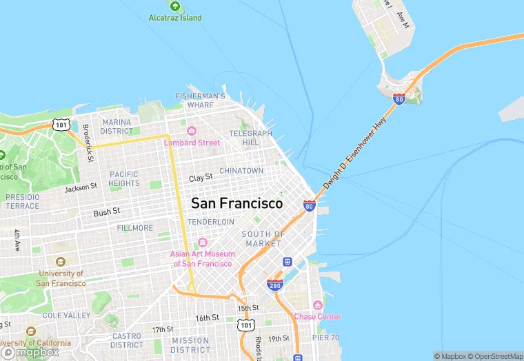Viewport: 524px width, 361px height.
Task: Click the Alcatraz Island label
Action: [175, 18]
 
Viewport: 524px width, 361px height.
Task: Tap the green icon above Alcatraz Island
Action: [175, 6]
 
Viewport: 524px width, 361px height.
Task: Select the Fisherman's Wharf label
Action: [200, 101]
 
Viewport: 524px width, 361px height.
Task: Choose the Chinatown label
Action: [241, 170]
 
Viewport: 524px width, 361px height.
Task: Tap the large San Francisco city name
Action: [236, 203]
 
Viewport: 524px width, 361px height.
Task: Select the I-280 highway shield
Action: [275, 285]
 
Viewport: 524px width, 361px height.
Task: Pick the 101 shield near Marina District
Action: [62, 125]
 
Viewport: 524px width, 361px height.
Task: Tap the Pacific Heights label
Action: [124, 178]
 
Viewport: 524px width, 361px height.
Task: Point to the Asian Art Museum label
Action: [203, 258]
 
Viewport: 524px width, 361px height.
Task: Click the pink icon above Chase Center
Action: [317, 305]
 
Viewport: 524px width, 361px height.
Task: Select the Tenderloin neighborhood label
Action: [210, 222]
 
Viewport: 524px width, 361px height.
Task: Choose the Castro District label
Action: [127, 340]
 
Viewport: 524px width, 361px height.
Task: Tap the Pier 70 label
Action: [325, 338]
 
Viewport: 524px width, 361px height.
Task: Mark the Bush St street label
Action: [107, 212]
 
